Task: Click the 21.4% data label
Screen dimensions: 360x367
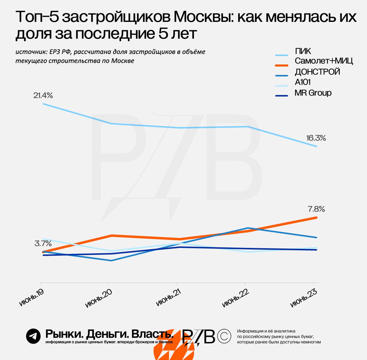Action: click(43, 95)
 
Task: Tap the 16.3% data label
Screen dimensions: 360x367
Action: click(316, 138)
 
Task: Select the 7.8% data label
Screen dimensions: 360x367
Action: click(316, 209)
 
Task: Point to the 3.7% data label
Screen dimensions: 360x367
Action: click(43, 243)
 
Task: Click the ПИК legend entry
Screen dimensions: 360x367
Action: click(303, 51)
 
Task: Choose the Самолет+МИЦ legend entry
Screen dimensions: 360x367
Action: click(323, 61)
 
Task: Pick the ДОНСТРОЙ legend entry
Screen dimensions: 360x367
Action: click(317, 72)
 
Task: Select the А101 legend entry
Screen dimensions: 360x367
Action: click(302, 82)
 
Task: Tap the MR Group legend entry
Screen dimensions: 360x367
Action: click(313, 93)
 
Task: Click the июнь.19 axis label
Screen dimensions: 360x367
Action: click(32, 297)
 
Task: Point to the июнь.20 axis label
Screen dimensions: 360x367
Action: click(98, 298)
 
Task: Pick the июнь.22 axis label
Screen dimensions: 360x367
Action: click(236, 298)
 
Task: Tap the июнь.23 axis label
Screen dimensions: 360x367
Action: click(304, 298)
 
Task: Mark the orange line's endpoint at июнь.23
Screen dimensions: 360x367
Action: click(316, 217)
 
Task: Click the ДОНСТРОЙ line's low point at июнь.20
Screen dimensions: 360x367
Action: click(112, 260)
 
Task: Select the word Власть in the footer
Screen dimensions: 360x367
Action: click(153, 334)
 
